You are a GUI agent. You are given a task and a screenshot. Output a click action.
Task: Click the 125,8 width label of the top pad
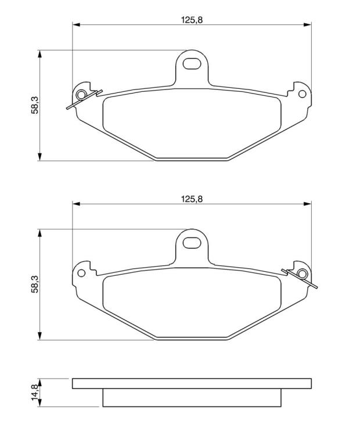click(x=192, y=20)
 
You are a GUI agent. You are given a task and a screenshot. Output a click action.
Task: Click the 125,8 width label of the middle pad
click(x=192, y=199)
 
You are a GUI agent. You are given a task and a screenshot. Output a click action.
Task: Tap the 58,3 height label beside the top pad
click(x=34, y=105)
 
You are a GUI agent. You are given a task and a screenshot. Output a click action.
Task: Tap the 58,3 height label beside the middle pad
click(x=34, y=284)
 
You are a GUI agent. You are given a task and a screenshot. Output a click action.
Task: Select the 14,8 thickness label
click(x=34, y=392)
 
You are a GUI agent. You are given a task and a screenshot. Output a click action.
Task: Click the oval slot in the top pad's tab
click(x=192, y=63)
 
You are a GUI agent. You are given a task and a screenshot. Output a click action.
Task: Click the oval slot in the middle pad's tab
click(x=192, y=242)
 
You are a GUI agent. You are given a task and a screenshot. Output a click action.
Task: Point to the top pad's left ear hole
click(x=81, y=95)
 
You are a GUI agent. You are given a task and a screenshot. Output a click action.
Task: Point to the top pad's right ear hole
click(x=302, y=94)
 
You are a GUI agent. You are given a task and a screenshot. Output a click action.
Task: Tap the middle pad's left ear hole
click(x=81, y=273)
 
